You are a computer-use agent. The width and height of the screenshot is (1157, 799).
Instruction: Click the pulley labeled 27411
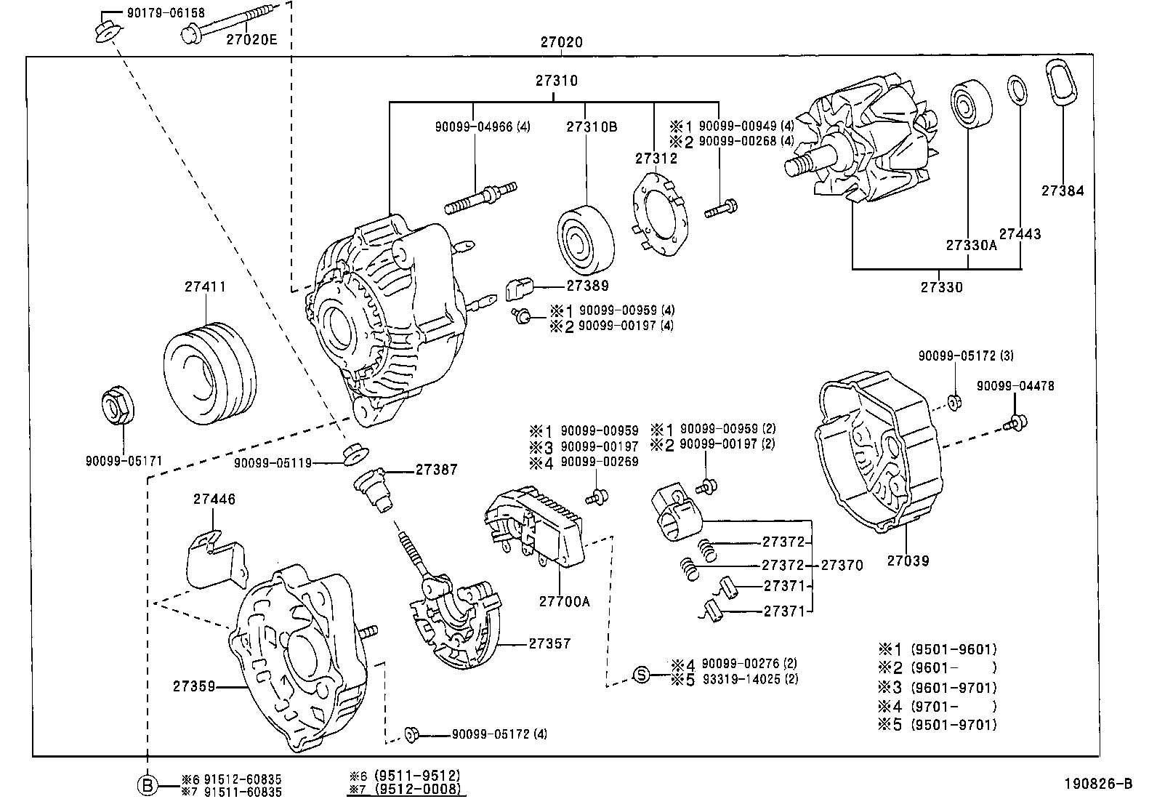(209, 375)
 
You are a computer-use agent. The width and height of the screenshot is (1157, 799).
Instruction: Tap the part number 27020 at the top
(561, 43)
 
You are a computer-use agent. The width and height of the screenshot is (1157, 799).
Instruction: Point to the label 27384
(1062, 191)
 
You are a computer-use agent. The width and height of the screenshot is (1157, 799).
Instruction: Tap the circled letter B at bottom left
(148, 785)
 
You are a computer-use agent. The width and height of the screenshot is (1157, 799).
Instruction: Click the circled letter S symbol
(641, 674)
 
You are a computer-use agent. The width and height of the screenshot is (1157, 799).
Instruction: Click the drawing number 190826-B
(1098, 783)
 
